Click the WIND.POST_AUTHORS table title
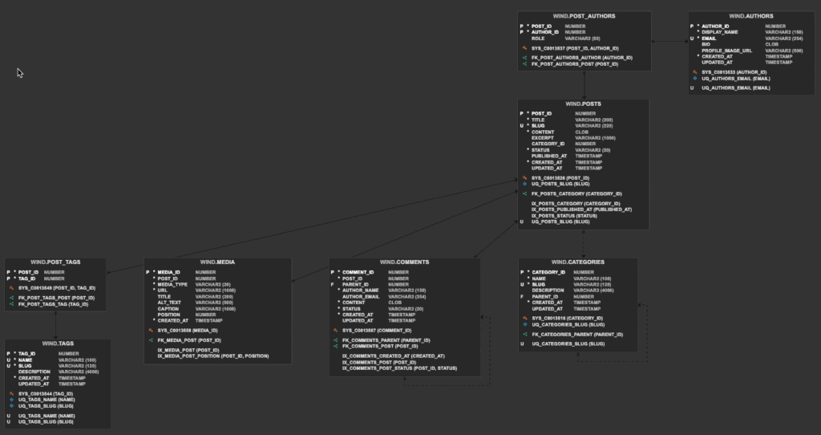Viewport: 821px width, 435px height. (x=584, y=16)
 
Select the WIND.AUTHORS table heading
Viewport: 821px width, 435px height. (x=751, y=16)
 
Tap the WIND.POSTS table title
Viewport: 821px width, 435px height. (x=583, y=104)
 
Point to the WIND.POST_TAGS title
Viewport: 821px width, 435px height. (x=55, y=262)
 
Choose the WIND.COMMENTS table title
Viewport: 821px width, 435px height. (x=404, y=262)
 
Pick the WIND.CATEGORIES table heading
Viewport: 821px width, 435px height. (x=577, y=262)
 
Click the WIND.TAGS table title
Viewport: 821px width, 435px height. (x=58, y=344)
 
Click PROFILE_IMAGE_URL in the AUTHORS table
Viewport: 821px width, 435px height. (x=726, y=50)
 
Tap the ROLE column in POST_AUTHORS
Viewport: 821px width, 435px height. (x=538, y=38)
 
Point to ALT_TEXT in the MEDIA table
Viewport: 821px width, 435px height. (x=170, y=303)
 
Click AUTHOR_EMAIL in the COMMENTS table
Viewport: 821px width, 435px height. (x=360, y=296)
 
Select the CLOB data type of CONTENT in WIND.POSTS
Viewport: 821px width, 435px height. (x=582, y=132)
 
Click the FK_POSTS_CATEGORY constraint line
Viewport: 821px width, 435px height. (x=576, y=193)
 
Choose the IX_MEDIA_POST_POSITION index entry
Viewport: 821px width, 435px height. (x=212, y=356)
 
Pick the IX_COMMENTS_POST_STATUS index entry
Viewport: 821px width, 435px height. (x=399, y=368)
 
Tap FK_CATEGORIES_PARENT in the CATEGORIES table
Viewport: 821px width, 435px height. (x=577, y=334)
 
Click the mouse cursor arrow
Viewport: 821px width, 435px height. (x=19, y=71)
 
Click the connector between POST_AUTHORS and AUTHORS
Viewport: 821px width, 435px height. (x=669, y=40)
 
